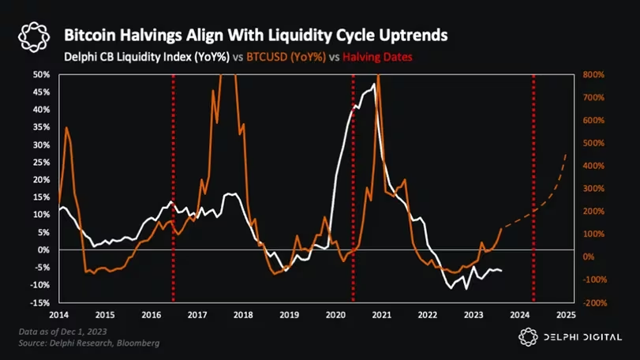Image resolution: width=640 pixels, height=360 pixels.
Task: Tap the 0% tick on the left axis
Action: pyautogui.click(x=44, y=249)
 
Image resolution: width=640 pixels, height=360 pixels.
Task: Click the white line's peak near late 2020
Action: pyautogui.click(x=373, y=84)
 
